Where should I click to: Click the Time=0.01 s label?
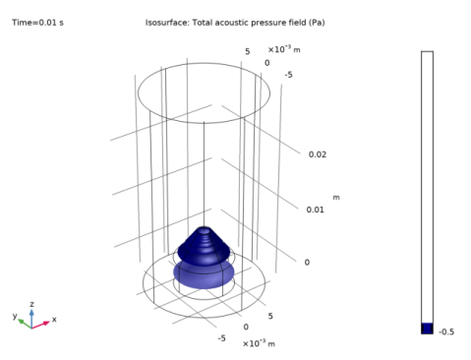pyautogui.click(x=37, y=23)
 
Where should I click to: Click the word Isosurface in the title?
pyautogui.click(x=167, y=23)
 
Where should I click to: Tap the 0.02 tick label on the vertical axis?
pyautogui.click(x=318, y=154)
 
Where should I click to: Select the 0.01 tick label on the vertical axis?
pyautogui.click(x=316, y=210)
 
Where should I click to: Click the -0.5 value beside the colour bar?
pyautogui.click(x=446, y=331)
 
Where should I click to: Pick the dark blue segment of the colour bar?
pyautogui.click(x=427, y=329)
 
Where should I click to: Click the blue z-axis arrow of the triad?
pyautogui.click(x=31, y=319)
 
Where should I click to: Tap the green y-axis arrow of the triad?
pyautogui.click(x=25, y=324)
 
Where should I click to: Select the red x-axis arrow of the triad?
pyautogui.click(x=40, y=325)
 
